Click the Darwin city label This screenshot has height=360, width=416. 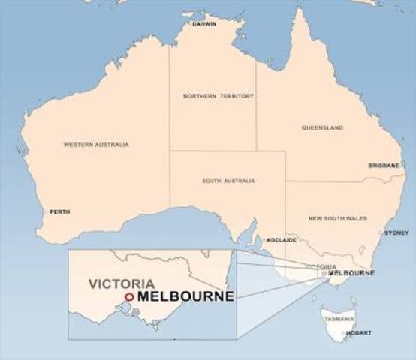(204, 24)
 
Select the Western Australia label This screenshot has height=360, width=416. (96, 144)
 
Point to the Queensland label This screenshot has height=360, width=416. (322, 127)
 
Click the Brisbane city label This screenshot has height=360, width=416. (383, 165)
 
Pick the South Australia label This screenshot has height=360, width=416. (228, 181)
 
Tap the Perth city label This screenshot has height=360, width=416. (60, 211)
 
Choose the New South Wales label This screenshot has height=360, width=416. (337, 217)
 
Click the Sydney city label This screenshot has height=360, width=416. (396, 232)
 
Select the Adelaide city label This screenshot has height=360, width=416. (282, 240)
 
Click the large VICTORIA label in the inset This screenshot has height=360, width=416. (122, 284)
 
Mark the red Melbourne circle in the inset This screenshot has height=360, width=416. (129, 297)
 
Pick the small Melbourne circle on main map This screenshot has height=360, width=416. (324, 274)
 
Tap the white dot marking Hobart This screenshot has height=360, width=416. (344, 332)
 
